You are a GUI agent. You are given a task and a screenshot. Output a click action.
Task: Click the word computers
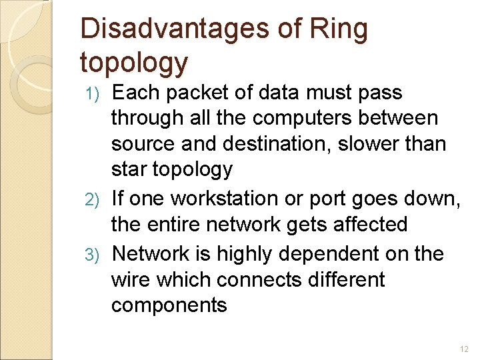(x=294, y=118)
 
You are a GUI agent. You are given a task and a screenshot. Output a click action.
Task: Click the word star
(x=130, y=169)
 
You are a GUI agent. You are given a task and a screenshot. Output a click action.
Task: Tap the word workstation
(x=241, y=198)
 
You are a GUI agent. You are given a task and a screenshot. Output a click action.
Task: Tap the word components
(x=169, y=305)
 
